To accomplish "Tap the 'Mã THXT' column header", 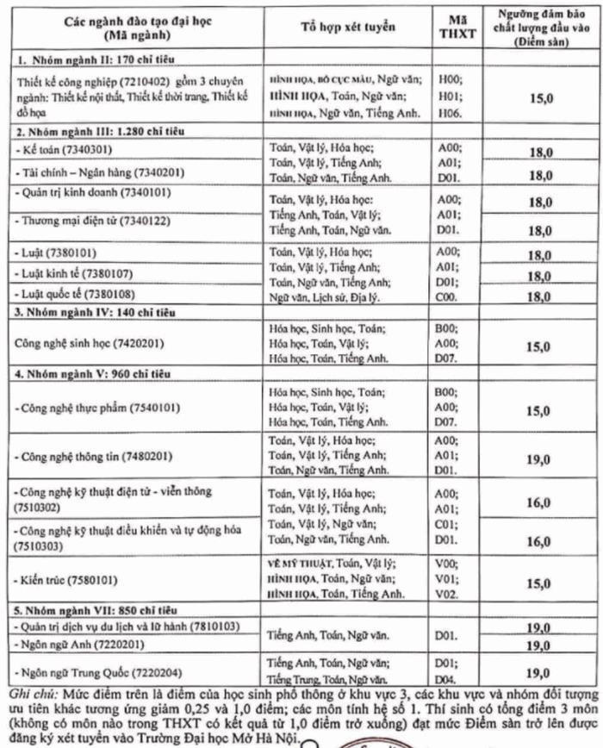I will pyautogui.click(x=457, y=27).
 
